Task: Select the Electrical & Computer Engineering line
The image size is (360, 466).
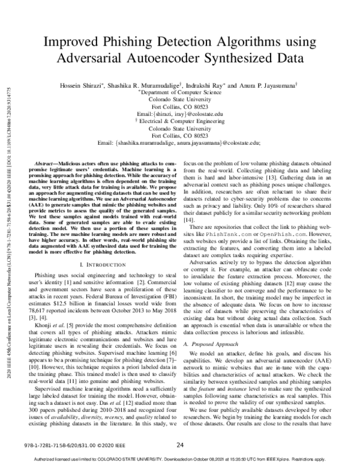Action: (179, 121)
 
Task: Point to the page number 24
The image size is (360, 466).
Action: (179, 445)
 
